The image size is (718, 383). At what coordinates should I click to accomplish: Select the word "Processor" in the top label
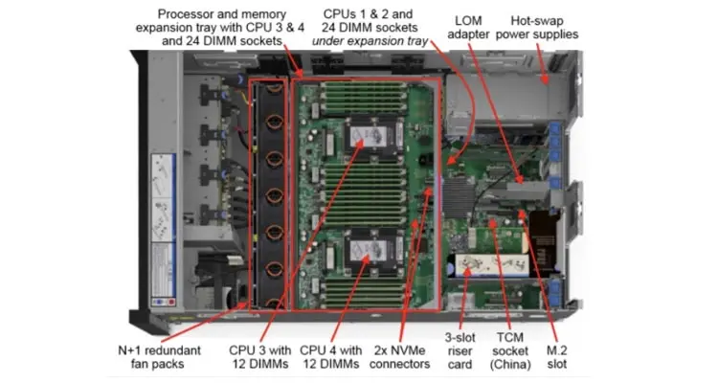tap(189, 14)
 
